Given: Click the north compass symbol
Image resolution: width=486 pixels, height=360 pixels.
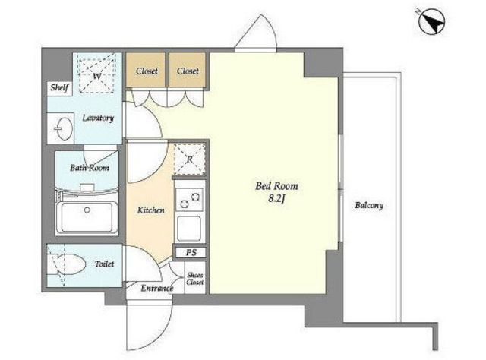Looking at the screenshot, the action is point(431,21).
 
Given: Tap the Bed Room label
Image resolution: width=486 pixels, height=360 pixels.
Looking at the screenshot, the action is point(276,186).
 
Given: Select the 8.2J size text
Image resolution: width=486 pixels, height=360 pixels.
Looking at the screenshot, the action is point(276,199).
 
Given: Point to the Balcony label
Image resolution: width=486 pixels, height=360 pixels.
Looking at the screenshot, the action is point(369,206).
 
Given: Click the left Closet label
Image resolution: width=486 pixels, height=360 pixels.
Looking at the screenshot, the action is point(147,71).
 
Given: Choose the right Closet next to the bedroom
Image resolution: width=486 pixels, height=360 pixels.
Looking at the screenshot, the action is point(188,71).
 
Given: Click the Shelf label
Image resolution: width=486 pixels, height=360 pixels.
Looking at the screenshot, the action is point(59,88).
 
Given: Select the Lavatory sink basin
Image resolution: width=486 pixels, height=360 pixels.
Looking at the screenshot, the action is point(64,128).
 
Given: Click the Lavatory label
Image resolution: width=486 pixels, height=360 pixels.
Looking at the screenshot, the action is point(98,118).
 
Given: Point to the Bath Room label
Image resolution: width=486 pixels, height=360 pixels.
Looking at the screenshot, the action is point(90,168).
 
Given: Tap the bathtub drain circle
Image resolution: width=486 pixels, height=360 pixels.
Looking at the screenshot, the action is point(87,210).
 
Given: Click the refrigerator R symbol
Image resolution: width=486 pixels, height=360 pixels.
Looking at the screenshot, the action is point(189,159).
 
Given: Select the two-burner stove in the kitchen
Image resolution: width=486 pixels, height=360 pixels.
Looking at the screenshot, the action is point(189,200).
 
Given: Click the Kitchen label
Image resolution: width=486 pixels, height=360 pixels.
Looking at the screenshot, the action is point(150,210).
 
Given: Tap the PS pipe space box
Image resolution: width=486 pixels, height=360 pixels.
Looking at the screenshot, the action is point(191,252).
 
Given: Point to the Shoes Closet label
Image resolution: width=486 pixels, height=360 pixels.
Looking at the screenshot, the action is point(195,279).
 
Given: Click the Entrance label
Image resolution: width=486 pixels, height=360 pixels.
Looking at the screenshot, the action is point(156,289).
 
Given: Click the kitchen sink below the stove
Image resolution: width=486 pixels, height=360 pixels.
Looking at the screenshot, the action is point(189,229).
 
